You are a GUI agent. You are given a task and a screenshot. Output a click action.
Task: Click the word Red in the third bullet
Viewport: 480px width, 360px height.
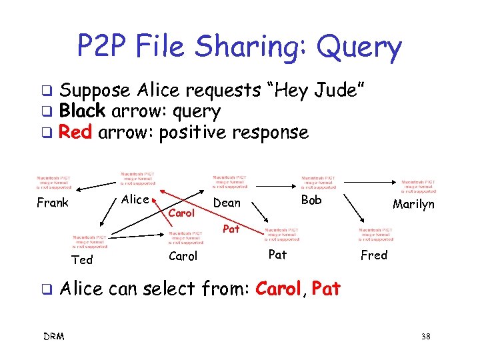point(75,132)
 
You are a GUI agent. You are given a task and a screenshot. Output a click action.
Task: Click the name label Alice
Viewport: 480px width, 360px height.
point(136,199)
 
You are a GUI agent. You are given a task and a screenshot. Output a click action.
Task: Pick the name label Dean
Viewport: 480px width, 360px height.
point(226,203)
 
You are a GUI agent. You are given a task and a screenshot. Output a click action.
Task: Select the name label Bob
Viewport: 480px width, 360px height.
point(311,200)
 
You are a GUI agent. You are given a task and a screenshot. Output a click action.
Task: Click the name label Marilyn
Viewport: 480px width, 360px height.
point(413,204)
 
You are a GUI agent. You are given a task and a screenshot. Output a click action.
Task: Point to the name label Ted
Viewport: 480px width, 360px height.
point(82,259)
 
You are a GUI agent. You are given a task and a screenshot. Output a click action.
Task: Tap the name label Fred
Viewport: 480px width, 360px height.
point(373,255)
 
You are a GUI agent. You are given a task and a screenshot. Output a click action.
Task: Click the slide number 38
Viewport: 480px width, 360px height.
point(425,337)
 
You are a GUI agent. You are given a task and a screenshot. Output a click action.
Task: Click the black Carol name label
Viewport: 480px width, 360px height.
point(183,256)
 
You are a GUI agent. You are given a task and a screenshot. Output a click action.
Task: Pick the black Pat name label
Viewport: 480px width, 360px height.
point(277,254)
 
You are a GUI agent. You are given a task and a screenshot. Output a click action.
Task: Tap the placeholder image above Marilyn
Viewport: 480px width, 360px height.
point(418,185)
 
